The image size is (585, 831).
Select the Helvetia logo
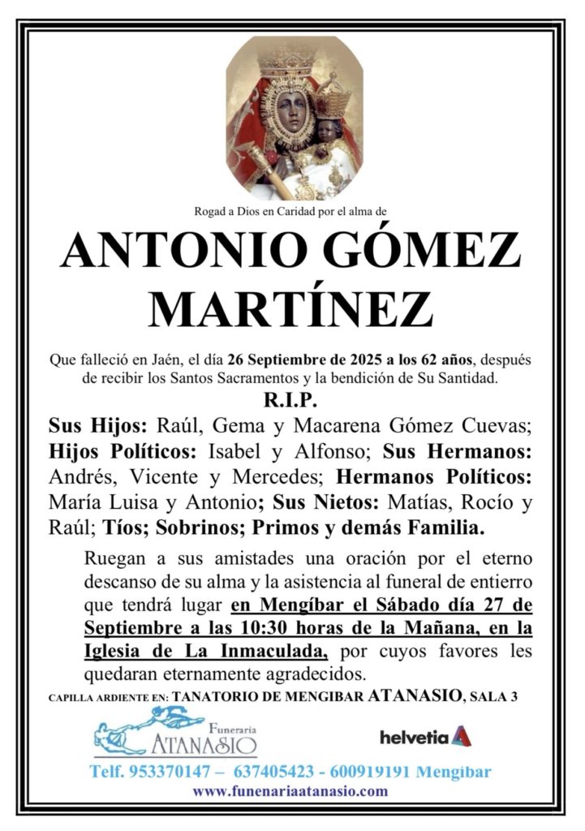pyautogui.click(x=426, y=737)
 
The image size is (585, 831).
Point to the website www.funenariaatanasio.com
pyautogui.click(x=290, y=791)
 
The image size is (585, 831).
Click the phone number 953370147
pyautogui.click(x=166, y=772)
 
